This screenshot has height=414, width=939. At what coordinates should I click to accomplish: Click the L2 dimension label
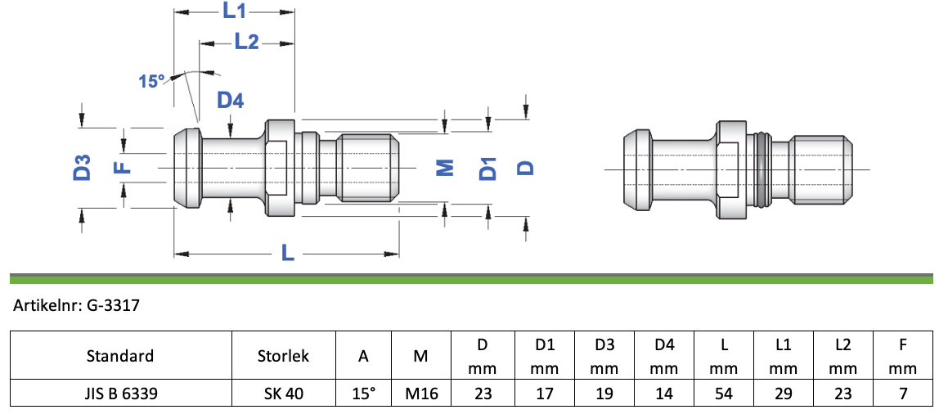[x=246, y=42]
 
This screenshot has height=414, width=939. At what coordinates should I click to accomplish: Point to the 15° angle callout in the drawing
[x=151, y=81]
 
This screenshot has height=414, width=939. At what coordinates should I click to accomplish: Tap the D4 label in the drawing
[x=230, y=101]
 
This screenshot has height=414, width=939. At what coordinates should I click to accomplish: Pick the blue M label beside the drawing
[x=444, y=169]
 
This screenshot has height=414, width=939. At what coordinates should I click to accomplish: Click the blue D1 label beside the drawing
[x=488, y=169]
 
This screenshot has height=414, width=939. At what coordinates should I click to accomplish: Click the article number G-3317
[x=113, y=306]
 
